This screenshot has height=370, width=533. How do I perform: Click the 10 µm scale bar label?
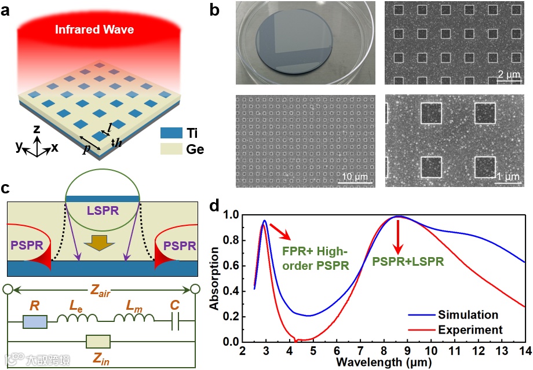354,177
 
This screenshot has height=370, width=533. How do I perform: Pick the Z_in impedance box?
101,342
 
